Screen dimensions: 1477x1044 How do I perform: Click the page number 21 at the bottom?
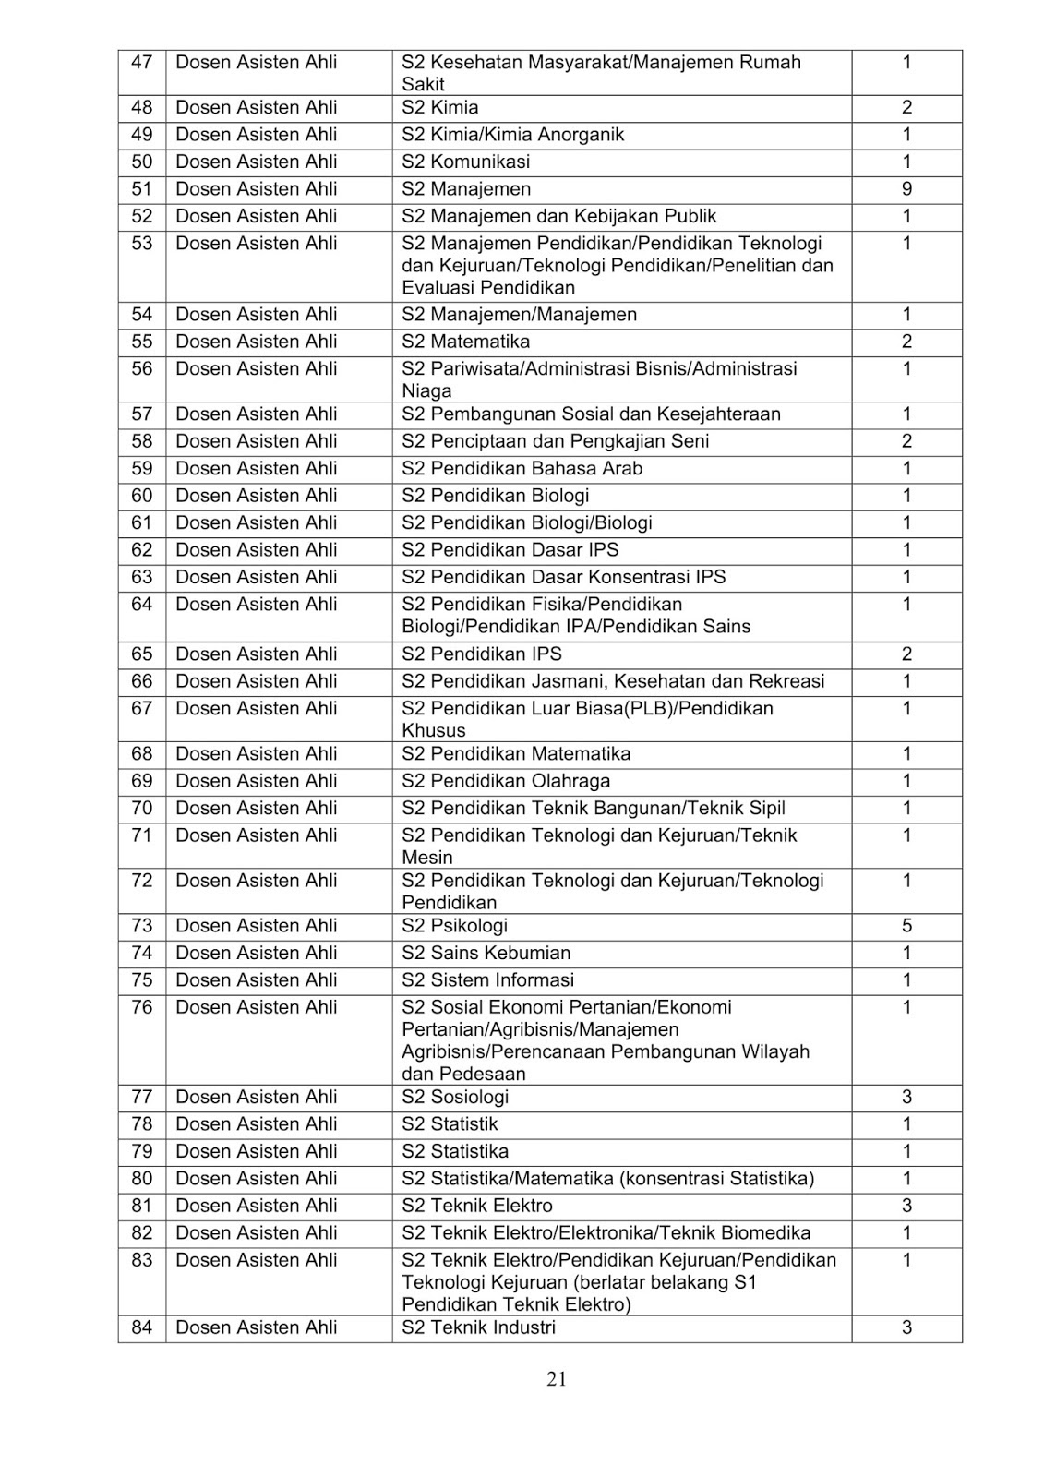click(x=556, y=1379)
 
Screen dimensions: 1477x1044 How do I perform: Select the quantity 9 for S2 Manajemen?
click(x=906, y=189)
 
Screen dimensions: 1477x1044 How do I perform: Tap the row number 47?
click(x=141, y=63)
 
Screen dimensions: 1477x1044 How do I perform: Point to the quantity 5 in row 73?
click(x=906, y=926)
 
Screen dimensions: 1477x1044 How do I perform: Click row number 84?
click(x=141, y=1327)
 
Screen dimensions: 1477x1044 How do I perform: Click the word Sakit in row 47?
click(x=423, y=85)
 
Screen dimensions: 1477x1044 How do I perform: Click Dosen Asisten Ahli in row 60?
click(x=256, y=496)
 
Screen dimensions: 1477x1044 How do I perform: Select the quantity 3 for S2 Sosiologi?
click(x=906, y=1097)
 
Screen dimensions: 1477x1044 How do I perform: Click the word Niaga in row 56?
click(x=426, y=390)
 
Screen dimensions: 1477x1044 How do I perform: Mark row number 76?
click(x=141, y=1007)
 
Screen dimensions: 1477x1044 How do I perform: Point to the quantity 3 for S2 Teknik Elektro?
click(x=906, y=1206)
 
